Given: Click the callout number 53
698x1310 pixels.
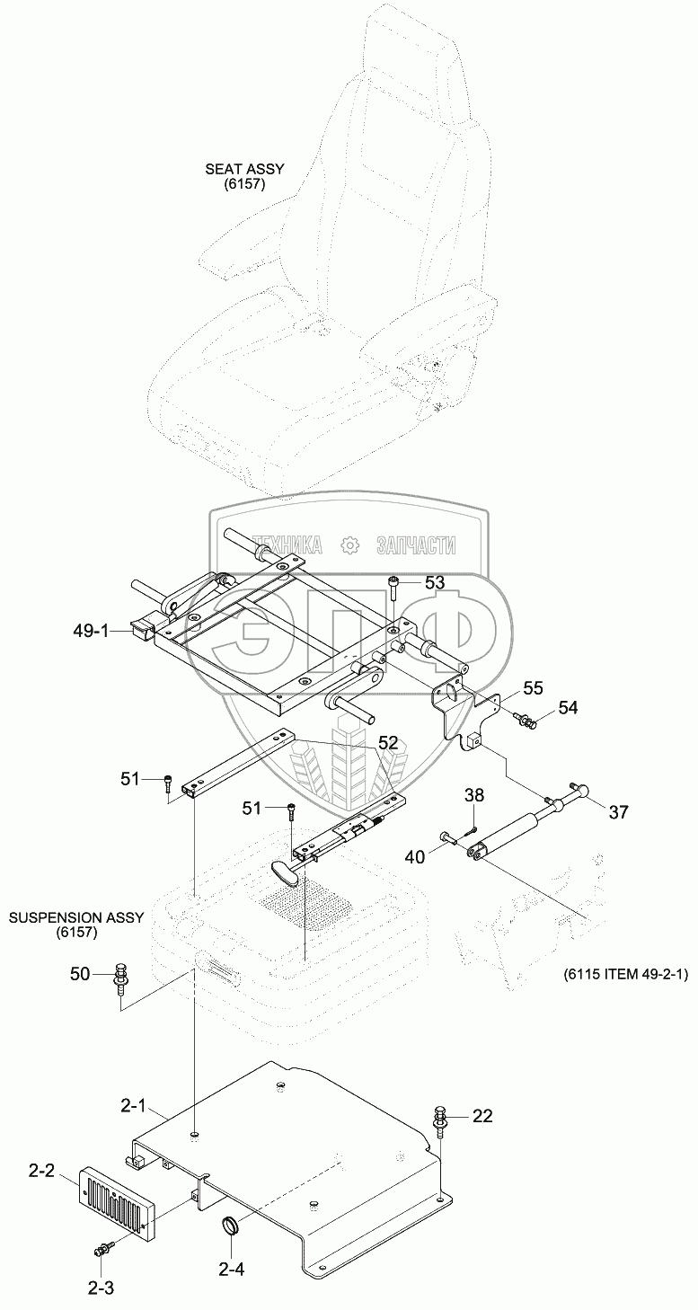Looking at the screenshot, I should coord(434,582).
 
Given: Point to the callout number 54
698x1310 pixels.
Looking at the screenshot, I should coord(568,708).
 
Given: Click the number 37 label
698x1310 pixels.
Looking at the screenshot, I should coord(618,812).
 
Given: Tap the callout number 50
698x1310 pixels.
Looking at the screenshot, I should coord(81,973).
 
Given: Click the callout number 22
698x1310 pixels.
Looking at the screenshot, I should coord(482,1116).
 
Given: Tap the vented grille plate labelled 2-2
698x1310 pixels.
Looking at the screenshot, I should coord(119,1200).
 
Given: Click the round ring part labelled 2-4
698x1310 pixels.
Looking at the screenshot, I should coord(233,1226).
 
